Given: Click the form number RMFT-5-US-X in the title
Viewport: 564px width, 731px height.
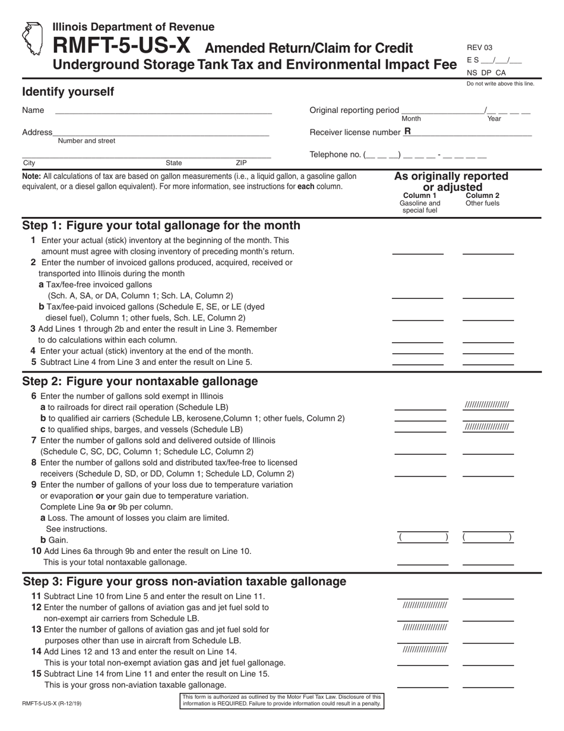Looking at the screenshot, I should click(x=123, y=47).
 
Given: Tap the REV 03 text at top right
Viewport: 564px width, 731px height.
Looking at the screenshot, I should click(x=479, y=48).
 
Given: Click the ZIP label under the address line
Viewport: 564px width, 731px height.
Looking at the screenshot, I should click(x=241, y=163).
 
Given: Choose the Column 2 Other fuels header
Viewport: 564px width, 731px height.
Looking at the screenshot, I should click(x=482, y=199).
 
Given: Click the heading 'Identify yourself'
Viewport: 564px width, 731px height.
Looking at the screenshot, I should click(x=68, y=92).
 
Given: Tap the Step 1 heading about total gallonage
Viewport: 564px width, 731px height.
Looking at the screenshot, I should click(x=161, y=226).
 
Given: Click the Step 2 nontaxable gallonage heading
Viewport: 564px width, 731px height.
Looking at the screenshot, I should click(x=140, y=381).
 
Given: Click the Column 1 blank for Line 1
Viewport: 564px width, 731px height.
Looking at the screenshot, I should click(x=417, y=250).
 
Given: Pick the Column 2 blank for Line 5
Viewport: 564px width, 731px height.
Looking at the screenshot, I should click(x=488, y=360).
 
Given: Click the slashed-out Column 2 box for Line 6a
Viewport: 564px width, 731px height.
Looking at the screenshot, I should click(x=487, y=405).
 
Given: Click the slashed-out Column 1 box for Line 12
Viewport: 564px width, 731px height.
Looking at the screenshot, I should click(x=424, y=606).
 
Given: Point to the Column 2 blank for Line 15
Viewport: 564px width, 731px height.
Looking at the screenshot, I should click(x=488, y=683).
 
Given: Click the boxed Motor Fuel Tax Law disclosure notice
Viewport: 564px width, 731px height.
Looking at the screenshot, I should click(x=281, y=700).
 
